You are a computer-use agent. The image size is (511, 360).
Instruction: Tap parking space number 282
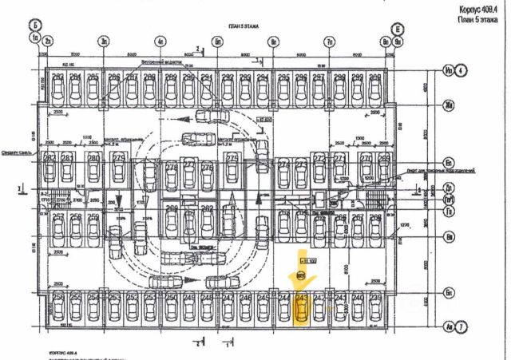[x=58, y=77]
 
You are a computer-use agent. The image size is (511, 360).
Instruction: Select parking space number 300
[x=356, y=77]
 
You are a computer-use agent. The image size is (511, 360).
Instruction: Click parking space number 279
[x=119, y=158]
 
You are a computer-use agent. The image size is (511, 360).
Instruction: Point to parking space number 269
[x=384, y=158]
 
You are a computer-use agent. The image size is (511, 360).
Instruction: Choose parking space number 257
[x=58, y=216]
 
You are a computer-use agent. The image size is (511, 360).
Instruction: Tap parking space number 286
[x=114, y=77]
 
